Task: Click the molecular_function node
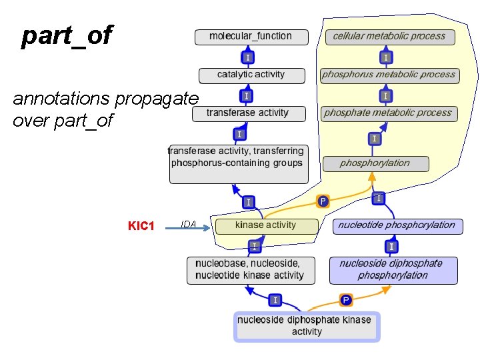tap(251, 37)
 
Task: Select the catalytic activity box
tap(251, 75)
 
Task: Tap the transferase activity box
tap(248, 113)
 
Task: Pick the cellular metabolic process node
tap(389, 37)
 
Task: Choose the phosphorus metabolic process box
tap(389, 75)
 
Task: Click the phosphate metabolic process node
tap(388, 113)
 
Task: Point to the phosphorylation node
tap(375, 163)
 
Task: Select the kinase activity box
tap(265, 225)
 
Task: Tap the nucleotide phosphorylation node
tap(395, 225)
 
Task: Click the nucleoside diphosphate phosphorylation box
tap(393, 269)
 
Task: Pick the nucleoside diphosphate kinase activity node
tap(306, 326)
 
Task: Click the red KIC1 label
tap(141, 226)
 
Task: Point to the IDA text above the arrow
tap(189, 225)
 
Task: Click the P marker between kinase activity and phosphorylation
tap(323, 201)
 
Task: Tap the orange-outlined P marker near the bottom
tap(346, 300)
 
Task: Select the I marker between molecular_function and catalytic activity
tap(248, 58)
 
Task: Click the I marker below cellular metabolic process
tap(386, 57)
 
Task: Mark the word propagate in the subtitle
tap(157, 99)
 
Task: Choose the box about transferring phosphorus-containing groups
tap(239, 163)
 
